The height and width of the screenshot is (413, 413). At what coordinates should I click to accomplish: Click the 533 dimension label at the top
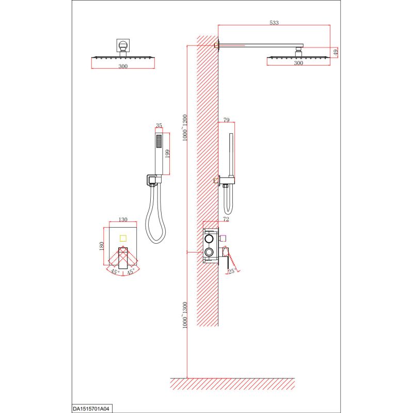pyautogui.click(x=274, y=23)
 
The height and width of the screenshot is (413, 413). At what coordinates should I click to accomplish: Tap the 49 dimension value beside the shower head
pyautogui.click(x=336, y=52)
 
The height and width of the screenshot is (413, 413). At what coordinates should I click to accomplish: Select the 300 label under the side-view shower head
pyautogui.click(x=298, y=63)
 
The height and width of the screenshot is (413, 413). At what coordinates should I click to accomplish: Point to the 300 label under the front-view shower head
pyautogui.click(x=123, y=67)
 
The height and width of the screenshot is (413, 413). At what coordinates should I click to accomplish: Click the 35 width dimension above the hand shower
pyautogui.click(x=159, y=125)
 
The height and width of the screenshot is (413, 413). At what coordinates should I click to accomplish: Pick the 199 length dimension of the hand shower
pyautogui.click(x=167, y=154)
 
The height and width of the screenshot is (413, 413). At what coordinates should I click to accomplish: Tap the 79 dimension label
pyautogui.click(x=227, y=120)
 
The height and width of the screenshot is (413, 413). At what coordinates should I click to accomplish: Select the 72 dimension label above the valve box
pyautogui.click(x=226, y=219)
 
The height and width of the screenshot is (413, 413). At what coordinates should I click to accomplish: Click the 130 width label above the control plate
pyautogui.click(x=123, y=219)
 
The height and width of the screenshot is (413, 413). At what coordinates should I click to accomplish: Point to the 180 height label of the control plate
pyautogui.click(x=102, y=246)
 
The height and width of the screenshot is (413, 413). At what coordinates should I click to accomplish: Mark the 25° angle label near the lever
pyautogui.click(x=232, y=271)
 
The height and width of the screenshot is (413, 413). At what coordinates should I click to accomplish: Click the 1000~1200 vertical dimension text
pyautogui.click(x=185, y=128)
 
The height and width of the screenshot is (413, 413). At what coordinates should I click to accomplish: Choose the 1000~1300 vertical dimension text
pyautogui.click(x=185, y=315)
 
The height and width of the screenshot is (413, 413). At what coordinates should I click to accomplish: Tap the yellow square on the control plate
pyautogui.click(x=123, y=239)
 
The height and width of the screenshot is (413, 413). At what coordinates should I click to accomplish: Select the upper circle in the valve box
pyautogui.click(x=209, y=239)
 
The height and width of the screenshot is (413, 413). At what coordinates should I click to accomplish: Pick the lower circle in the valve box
pyautogui.click(x=209, y=252)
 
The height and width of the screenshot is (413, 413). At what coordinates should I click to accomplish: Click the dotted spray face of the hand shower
pyautogui.click(x=159, y=141)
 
